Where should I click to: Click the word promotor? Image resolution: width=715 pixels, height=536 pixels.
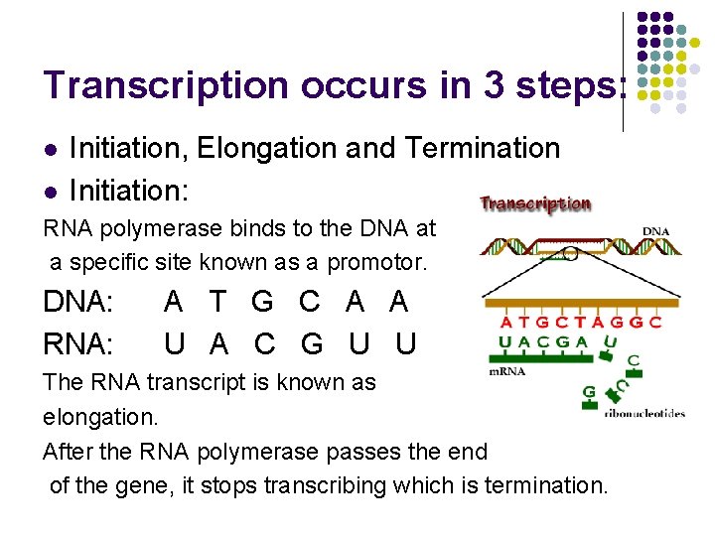pyautogui.click(x=377, y=263)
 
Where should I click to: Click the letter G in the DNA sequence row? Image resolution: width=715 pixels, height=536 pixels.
pyautogui.click(x=262, y=302)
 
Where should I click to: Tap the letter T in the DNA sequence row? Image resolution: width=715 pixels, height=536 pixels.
pyautogui.click(x=217, y=302)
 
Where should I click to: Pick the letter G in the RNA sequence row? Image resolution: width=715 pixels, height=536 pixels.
pyautogui.click(x=311, y=343)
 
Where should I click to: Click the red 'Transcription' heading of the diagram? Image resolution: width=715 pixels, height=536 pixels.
pyautogui.click(x=535, y=203)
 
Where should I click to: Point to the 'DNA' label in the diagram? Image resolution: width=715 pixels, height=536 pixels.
pyautogui.click(x=655, y=230)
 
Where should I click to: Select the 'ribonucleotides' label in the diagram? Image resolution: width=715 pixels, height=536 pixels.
pyautogui.click(x=644, y=414)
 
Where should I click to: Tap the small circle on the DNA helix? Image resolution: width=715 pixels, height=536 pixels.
pyautogui.click(x=570, y=254)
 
